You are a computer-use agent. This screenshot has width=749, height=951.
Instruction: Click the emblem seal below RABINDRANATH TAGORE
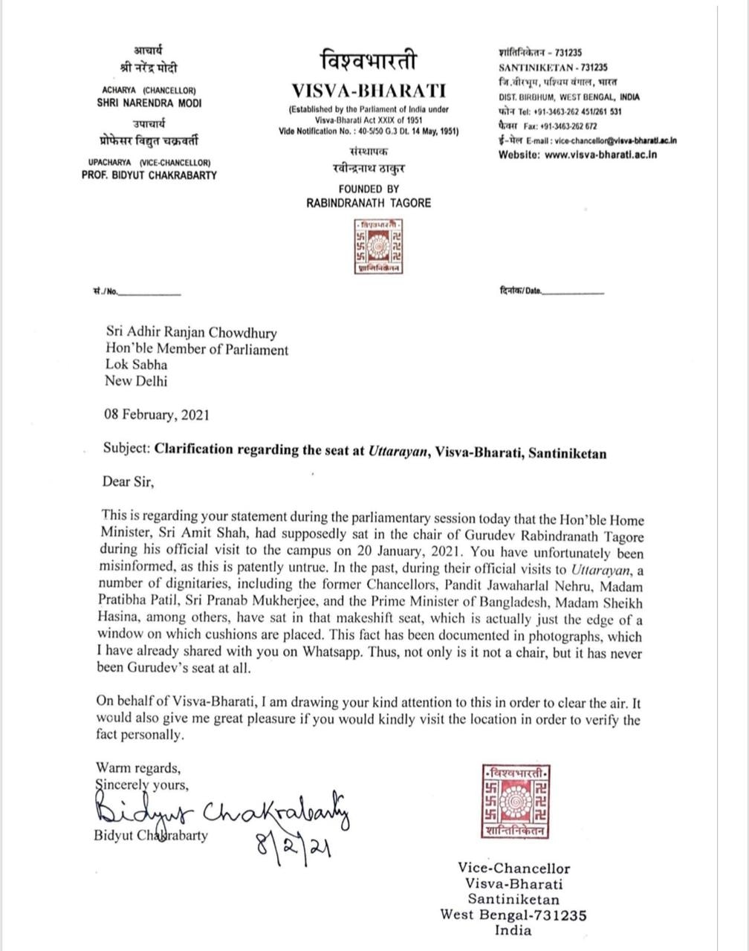point(378,247)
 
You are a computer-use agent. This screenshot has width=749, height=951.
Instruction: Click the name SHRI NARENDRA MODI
point(149,103)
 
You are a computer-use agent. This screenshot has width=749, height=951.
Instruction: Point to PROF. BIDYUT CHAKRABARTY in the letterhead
point(149,175)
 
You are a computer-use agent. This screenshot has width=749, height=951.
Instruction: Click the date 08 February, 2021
point(157,415)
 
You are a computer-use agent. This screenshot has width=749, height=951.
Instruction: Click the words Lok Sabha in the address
point(136,365)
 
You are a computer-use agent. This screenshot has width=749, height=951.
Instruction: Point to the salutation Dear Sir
point(129,481)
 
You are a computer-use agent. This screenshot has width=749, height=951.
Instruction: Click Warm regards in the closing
point(137,767)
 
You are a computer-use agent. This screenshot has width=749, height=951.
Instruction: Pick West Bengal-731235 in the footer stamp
point(513,915)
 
